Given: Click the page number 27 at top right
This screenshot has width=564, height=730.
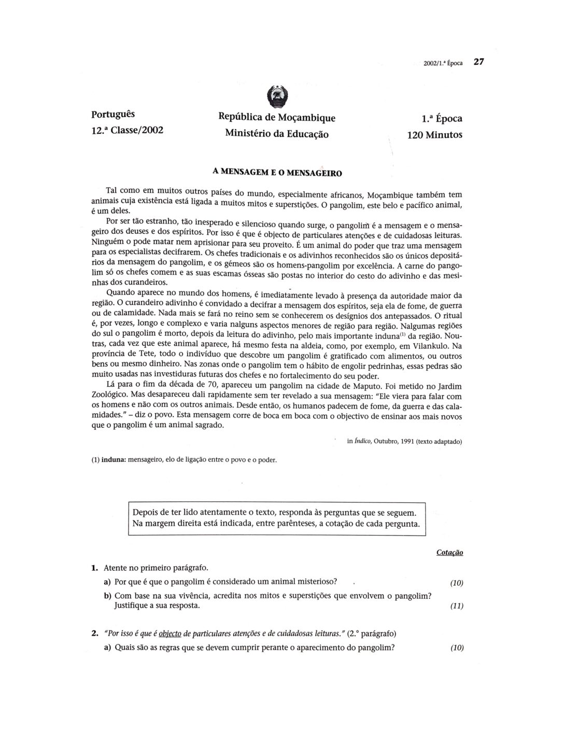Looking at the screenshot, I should (478, 62).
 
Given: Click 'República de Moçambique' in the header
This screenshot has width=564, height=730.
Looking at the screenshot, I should (277, 118).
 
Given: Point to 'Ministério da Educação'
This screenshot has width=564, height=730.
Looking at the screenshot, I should (277, 133).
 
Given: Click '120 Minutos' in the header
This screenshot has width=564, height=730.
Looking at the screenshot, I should (435, 134).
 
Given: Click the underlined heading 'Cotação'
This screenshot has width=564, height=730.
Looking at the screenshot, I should (449, 553).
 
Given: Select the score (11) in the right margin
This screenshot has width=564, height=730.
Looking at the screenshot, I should (457, 606).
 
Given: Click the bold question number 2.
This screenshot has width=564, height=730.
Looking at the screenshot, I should (94, 633).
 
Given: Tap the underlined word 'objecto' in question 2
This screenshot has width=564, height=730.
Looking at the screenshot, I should (170, 633).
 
